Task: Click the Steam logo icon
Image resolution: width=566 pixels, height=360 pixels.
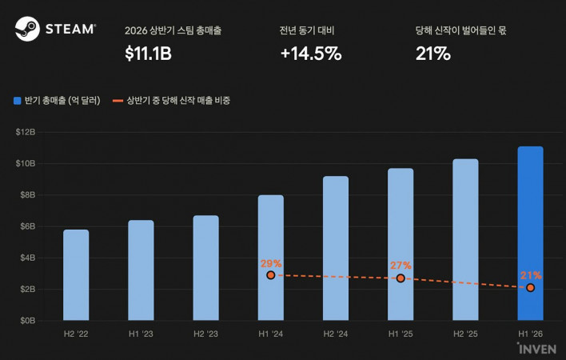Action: [x=27, y=29]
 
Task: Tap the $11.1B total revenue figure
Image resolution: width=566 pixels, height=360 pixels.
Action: [x=148, y=54]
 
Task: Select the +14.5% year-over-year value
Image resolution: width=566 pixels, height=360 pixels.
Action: [x=311, y=54]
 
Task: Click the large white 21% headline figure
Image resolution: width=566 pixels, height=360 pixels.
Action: [x=432, y=54]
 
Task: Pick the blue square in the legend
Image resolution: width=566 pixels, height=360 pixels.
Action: [x=18, y=101]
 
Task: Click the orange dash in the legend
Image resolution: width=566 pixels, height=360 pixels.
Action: [x=118, y=101]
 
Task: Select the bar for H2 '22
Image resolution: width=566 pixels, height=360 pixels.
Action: [x=76, y=274]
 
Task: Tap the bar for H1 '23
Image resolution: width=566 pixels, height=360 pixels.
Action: [x=141, y=270]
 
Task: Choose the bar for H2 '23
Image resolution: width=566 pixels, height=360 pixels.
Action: [x=205, y=268]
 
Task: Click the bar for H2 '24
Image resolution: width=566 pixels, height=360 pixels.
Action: [x=336, y=248]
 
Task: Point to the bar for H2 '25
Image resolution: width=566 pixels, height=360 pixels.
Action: [x=465, y=239]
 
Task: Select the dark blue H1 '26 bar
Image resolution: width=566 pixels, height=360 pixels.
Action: [x=530, y=234]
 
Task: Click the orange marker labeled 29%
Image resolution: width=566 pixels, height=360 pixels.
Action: [x=271, y=275]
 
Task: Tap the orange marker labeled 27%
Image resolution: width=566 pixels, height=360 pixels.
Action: [x=401, y=278]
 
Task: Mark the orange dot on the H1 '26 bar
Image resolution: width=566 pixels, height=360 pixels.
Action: [x=530, y=288]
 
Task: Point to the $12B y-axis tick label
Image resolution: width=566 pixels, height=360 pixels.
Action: [x=26, y=132]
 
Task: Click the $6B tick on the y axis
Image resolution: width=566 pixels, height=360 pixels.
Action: [x=27, y=226]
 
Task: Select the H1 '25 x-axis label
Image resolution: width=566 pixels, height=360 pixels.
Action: [x=401, y=334]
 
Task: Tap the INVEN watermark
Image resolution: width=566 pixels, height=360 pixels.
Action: [x=536, y=349]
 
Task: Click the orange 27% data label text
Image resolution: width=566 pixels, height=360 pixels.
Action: [x=401, y=266]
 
